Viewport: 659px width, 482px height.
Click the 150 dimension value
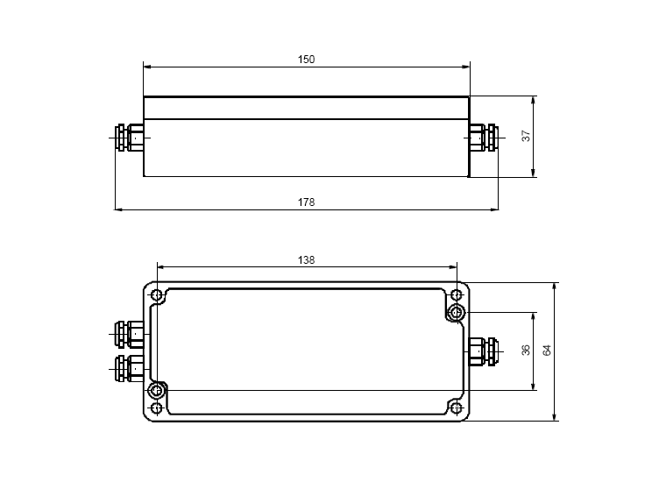click(x=306, y=60)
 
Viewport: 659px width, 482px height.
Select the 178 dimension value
click(x=306, y=202)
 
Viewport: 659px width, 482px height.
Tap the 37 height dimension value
click(x=527, y=137)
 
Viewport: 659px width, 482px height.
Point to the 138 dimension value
click(x=306, y=259)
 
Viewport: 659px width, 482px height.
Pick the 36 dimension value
click(x=526, y=350)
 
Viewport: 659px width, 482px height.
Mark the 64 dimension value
click(x=547, y=350)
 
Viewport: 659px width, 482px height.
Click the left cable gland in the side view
click(x=129, y=138)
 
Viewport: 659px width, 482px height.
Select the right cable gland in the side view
click(x=483, y=138)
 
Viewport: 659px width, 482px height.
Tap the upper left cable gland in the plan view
click(x=129, y=334)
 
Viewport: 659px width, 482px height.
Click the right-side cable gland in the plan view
click(x=483, y=351)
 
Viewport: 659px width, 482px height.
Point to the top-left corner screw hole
click(x=157, y=294)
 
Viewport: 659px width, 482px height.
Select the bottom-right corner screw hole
click(x=456, y=408)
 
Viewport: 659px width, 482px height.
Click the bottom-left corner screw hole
click(x=157, y=408)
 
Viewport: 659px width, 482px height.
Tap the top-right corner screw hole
click(x=456, y=294)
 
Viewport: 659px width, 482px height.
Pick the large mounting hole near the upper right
click(x=456, y=312)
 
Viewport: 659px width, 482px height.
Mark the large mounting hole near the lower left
click(x=157, y=390)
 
